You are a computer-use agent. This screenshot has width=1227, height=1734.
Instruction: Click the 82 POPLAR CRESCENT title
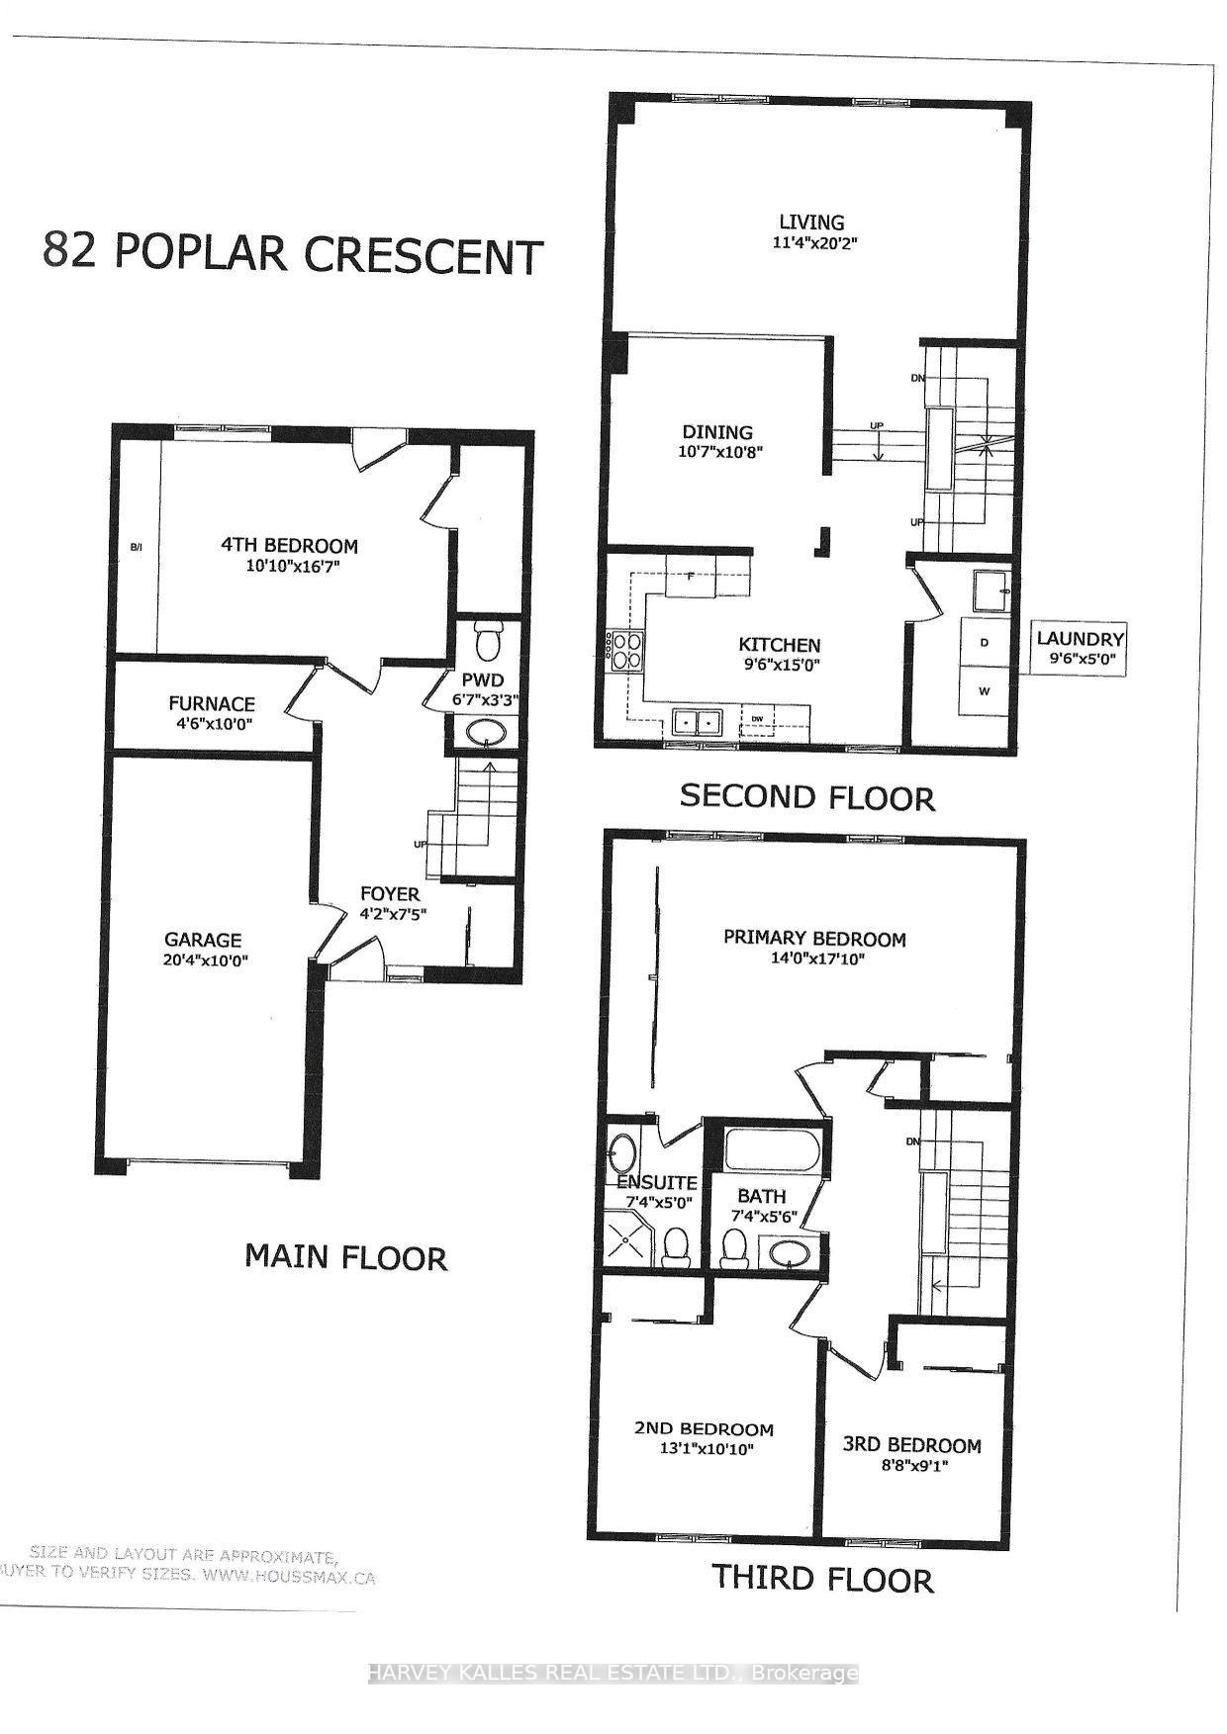[293, 254]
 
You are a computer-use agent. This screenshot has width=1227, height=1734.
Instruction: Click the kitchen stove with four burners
[625, 652]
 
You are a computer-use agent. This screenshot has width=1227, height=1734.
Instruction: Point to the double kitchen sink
[697, 722]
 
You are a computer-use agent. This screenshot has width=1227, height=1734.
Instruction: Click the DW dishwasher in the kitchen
[758, 722]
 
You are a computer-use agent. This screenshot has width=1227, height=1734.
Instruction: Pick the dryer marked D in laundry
[984, 642]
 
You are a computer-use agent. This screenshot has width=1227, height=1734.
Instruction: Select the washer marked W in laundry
[984, 691]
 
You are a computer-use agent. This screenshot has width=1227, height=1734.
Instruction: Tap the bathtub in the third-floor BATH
[772, 1150]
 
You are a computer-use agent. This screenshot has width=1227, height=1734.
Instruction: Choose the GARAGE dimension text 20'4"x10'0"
[204, 959]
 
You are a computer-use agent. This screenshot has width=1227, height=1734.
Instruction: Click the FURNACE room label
[211, 704]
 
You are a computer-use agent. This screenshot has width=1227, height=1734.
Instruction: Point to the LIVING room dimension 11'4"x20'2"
[810, 242]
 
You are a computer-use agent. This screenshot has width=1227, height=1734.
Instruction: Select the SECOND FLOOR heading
[807, 797]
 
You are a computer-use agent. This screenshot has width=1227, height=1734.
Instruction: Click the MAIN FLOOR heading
[345, 1257]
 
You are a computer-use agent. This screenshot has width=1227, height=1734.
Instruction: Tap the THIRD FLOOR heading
[823, 1578]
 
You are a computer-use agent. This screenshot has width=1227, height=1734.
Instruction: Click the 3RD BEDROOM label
[911, 1445]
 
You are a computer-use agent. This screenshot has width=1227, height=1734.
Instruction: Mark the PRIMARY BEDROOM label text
[814, 938]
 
